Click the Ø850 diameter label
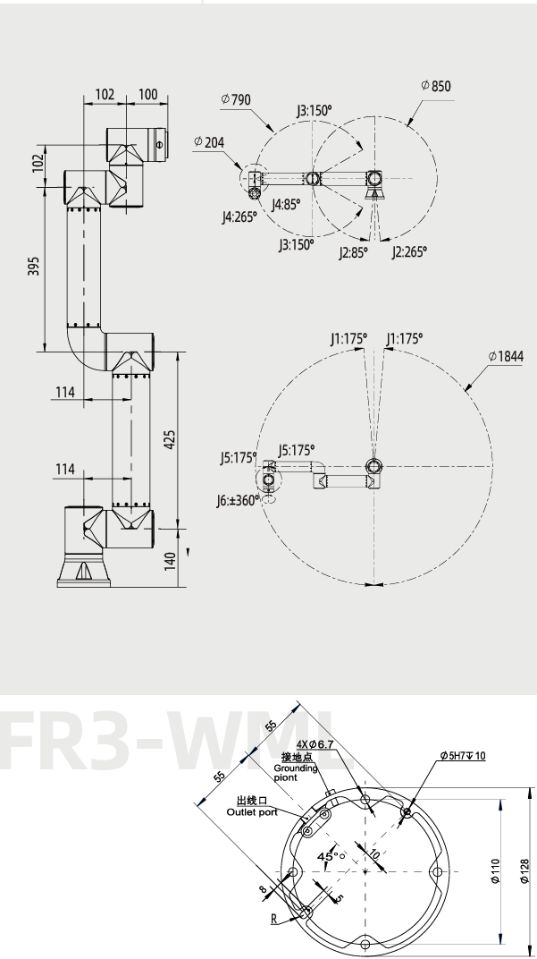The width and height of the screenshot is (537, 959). [436, 86]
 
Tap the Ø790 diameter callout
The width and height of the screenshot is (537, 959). [236, 99]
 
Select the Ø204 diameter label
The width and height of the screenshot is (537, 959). [209, 142]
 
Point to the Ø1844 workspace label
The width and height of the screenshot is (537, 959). [506, 356]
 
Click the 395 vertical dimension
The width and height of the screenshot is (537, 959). [34, 266]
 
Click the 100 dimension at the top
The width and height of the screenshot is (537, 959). [147, 94]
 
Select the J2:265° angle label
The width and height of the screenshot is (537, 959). [409, 251]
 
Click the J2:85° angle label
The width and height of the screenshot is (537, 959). [354, 252]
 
